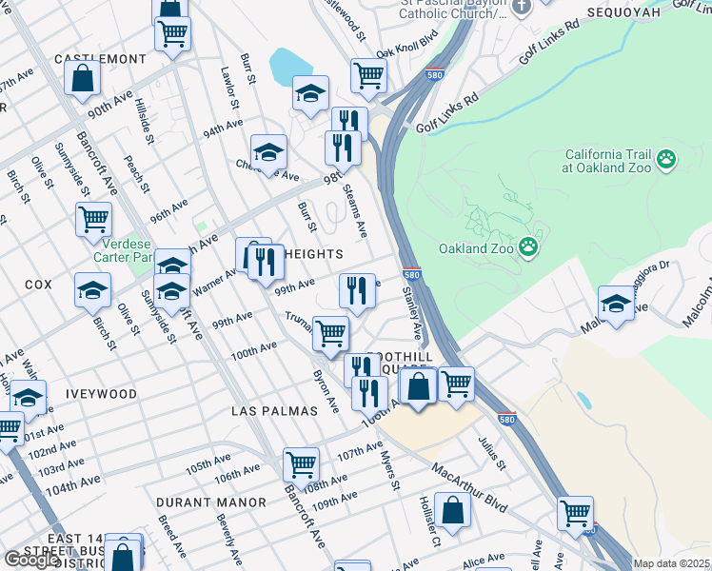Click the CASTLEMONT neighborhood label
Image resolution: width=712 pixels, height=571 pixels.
pos(100,59)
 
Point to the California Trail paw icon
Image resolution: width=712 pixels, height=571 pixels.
pos(666,160)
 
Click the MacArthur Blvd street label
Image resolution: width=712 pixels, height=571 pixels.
pos(469,485)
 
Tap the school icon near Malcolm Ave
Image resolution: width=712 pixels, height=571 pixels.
pos(616,303)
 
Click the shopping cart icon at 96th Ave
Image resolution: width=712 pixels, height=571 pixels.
pos(93,219)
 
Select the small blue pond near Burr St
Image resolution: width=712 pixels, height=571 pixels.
pos(287,66)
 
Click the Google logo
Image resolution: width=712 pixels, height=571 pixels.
pos(31,560)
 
